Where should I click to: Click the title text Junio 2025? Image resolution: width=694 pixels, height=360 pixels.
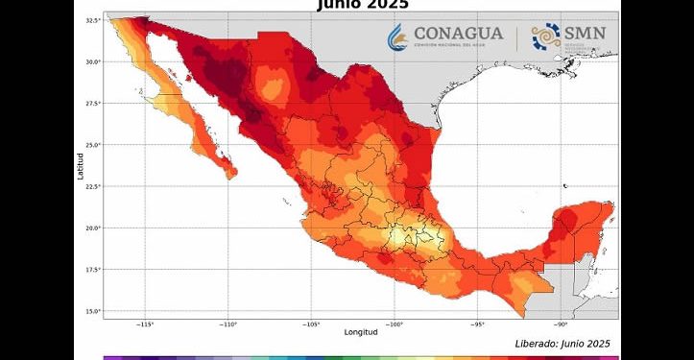point(362,5)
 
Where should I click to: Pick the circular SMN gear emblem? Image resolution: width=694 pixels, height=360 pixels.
point(545,37)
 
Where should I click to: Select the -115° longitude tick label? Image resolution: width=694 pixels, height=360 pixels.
point(145,324)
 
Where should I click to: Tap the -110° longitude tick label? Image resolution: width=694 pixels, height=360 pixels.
point(227,324)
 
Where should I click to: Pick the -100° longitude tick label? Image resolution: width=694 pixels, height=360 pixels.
point(395,324)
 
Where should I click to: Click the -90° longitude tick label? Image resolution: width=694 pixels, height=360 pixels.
point(561,324)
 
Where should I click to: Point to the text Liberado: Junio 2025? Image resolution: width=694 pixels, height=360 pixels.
point(562,343)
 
